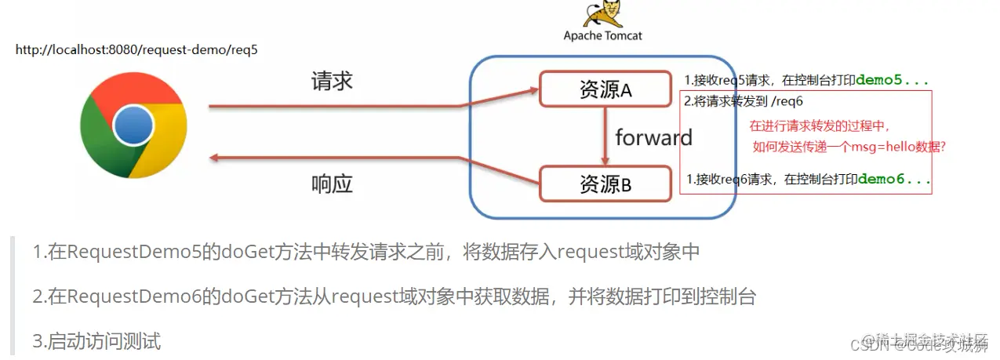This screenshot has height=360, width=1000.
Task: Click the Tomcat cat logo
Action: pyautogui.click(x=602, y=15)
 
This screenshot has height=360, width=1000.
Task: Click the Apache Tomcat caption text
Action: pyautogui.click(x=602, y=35)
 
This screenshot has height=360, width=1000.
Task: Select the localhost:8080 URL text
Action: pyautogui.click(x=136, y=49)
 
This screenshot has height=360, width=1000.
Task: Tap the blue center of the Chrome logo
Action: pyautogui.click(x=133, y=126)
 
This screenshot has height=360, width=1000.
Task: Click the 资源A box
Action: pyautogui.click(x=605, y=90)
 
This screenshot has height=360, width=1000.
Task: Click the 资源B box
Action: pyautogui.click(x=605, y=184)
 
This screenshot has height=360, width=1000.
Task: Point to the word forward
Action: pyautogui.click(x=653, y=138)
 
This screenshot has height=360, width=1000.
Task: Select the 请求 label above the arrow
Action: pyautogui.click(x=332, y=81)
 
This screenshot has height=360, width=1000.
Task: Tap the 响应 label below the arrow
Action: pyautogui.click(x=332, y=184)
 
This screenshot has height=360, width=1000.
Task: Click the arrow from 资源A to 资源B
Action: pyautogui.click(x=605, y=135)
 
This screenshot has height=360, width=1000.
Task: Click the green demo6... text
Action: pyautogui.click(x=894, y=179)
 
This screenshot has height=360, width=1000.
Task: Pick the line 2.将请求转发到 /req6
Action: pyautogui.click(x=744, y=101)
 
